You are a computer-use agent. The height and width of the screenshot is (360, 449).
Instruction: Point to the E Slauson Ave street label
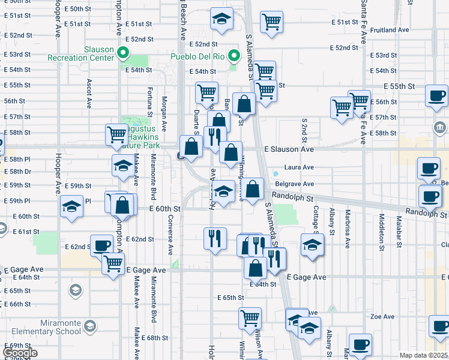click(289, 149)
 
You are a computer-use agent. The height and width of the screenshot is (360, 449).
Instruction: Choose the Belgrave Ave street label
click(294, 184)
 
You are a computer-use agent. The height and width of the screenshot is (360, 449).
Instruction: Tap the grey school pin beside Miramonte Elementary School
click(89, 326)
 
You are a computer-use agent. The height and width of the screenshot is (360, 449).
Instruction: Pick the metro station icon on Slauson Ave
click(180, 157)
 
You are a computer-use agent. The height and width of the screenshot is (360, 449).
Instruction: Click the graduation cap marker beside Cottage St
click(312, 245)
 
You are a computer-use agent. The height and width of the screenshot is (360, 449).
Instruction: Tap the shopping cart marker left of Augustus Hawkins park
click(116, 135)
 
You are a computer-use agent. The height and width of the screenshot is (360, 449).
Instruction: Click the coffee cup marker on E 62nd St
click(101, 245)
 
